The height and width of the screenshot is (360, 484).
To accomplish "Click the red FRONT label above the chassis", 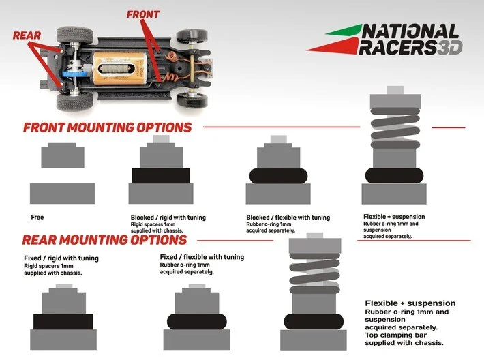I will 143,14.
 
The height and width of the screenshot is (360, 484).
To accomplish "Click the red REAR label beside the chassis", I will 27,35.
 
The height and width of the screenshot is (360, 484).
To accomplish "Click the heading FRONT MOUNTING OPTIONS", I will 107,127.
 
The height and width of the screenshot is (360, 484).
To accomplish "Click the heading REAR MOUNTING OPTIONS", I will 104,240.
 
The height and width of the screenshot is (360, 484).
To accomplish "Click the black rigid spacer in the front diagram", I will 160,175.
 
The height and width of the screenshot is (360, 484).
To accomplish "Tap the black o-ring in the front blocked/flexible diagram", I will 277,175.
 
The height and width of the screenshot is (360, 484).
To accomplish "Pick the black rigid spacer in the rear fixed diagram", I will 63,321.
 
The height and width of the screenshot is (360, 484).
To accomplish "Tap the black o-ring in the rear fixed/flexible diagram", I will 196,321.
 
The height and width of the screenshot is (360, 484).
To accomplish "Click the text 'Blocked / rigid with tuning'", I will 168,217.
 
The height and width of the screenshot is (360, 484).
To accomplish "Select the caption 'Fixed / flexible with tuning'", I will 201,257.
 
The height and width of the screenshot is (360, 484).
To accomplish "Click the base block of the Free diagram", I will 63,194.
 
